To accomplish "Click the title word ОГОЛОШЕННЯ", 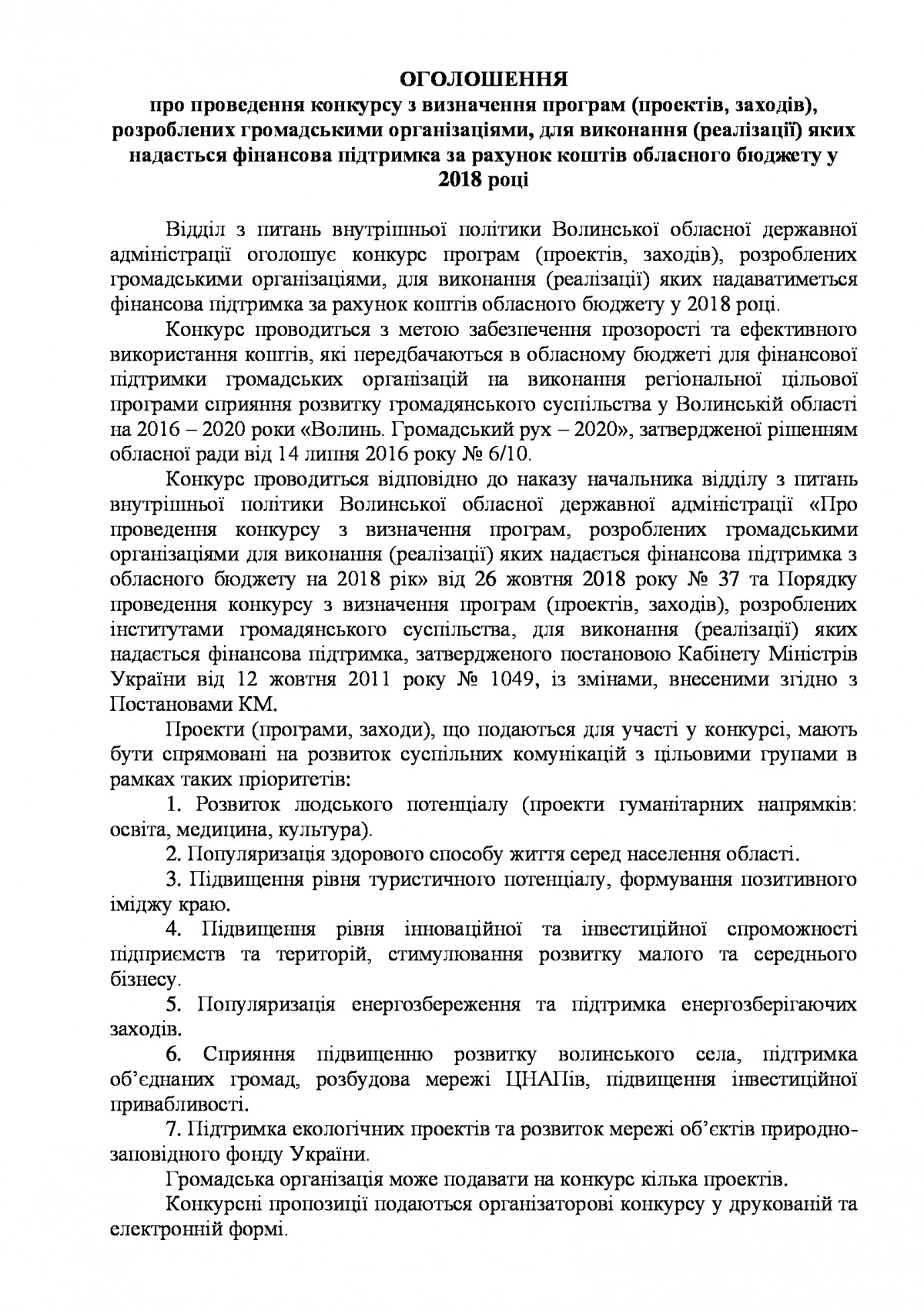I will click(x=484, y=79).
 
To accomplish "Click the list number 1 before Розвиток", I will click(x=173, y=806).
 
